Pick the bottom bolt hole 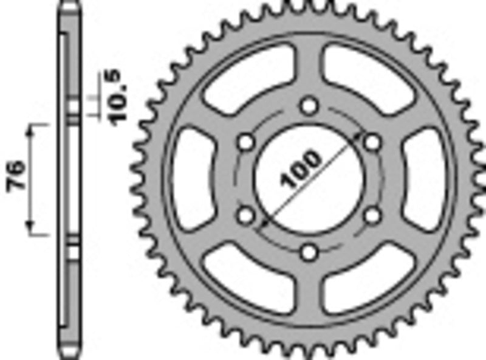[310, 252]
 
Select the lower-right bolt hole [372, 215]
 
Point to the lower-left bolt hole [246, 215]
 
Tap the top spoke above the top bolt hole [310, 67]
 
